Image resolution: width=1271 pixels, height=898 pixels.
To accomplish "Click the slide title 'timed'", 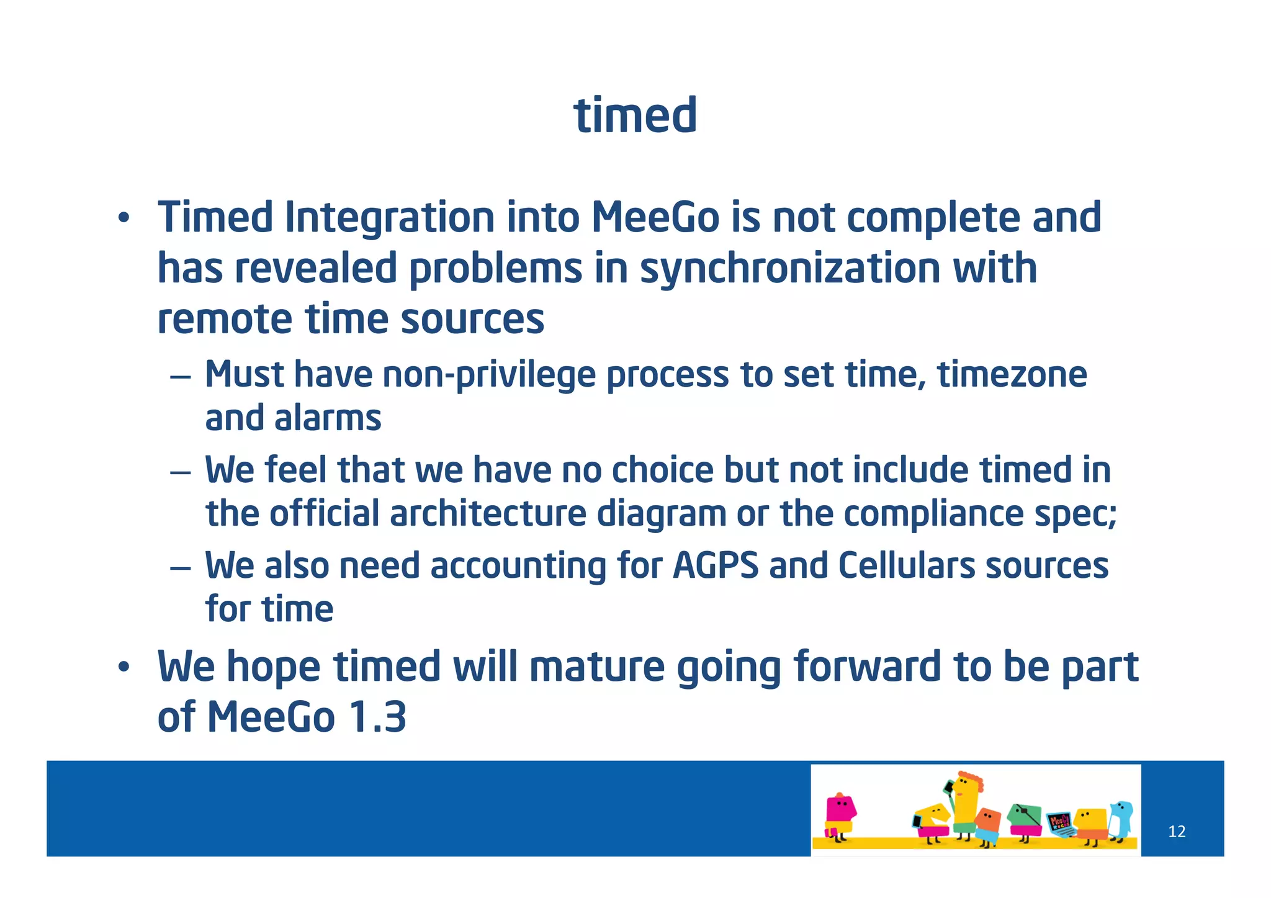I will click(x=635, y=116).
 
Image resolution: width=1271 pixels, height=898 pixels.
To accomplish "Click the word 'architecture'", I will click(x=487, y=514).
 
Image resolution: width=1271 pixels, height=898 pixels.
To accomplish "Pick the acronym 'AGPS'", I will click(x=715, y=566).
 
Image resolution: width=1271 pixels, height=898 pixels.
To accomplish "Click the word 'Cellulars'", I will click(x=906, y=566).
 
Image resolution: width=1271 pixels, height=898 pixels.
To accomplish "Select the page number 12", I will click(x=1176, y=832).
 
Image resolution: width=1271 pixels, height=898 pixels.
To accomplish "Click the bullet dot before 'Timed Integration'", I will click(x=124, y=218).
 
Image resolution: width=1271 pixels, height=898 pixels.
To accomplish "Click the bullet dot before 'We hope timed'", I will click(x=124, y=668).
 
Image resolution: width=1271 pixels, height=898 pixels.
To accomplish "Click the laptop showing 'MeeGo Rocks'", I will click(x=1060, y=824).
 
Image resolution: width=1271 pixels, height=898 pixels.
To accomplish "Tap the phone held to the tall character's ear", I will click(x=948, y=788).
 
